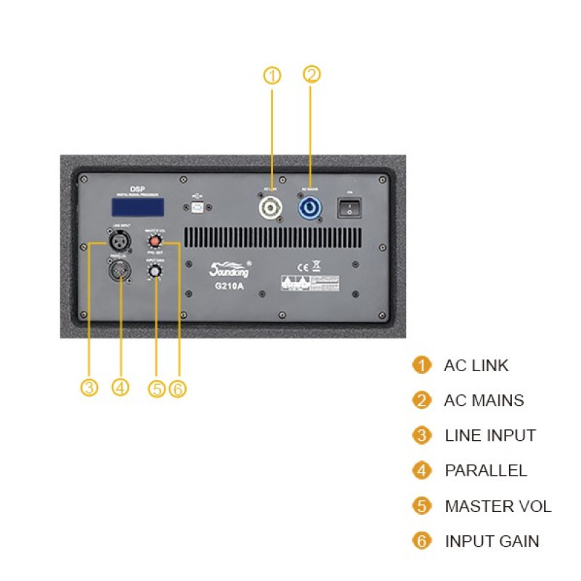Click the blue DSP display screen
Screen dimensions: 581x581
(137, 207)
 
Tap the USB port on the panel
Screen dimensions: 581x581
(198, 208)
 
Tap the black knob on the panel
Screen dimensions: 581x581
(154, 272)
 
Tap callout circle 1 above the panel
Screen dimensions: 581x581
(272, 76)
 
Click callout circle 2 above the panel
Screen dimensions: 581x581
(312, 73)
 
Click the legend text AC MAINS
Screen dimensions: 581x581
(484, 400)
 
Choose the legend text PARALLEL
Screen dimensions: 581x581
(486, 471)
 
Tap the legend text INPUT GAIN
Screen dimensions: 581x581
(492, 541)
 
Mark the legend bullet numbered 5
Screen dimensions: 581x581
(421, 506)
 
